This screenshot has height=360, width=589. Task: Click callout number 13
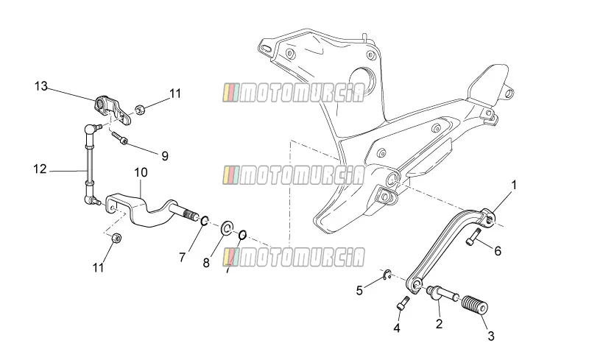(41, 86)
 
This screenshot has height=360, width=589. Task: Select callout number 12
(40, 169)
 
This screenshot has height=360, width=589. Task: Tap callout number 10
(141, 172)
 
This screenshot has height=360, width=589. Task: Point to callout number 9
(165, 156)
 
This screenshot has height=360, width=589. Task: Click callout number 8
(206, 263)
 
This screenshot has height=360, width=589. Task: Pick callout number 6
(498, 251)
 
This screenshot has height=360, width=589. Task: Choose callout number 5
(359, 291)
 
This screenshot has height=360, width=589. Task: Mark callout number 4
(397, 328)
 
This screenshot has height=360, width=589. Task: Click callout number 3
(491, 336)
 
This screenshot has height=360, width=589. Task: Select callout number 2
(439, 323)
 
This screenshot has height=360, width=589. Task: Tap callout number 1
(514, 185)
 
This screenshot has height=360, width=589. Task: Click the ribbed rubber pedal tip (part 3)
(474, 305)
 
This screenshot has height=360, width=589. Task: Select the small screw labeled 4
(402, 303)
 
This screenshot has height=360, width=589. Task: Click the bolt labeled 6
(473, 237)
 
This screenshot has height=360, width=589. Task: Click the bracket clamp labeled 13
(113, 109)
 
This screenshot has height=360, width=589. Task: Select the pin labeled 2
(442, 294)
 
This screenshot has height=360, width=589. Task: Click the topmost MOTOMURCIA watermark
(294, 93)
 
